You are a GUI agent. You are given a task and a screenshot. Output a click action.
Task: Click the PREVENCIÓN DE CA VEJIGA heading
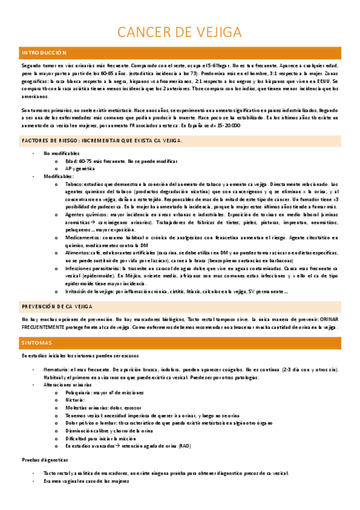[57, 306]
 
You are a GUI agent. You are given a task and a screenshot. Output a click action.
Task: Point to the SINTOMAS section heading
[37, 343]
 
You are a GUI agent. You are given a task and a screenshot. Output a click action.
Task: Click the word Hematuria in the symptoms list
[57, 369]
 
